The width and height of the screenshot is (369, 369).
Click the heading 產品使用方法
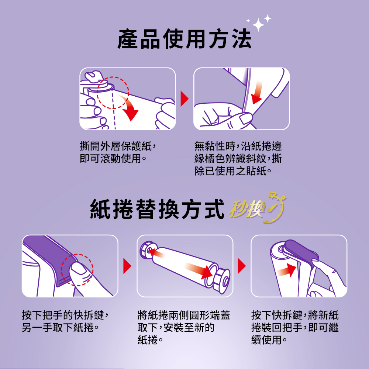[x=184, y=39]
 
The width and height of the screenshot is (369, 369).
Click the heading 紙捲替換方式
[x=157, y=209]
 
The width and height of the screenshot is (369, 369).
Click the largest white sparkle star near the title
[x=258, y=25]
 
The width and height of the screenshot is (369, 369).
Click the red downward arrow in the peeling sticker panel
[x=257, y=93]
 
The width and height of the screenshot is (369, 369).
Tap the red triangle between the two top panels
[x=184, y=99]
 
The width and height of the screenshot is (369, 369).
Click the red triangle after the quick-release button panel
[x=127, y=266]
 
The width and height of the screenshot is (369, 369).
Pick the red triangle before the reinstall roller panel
[x=242, y=266]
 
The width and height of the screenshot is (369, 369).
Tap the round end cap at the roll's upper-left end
[x=146, y=250]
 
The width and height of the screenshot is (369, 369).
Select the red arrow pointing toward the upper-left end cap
[x=157, y=253]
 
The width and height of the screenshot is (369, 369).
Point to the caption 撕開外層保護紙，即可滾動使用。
[x=118, y=152]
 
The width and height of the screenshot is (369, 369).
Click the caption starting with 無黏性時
[x=238, y=158]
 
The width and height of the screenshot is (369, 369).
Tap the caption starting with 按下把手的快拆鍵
[x=65, y=321]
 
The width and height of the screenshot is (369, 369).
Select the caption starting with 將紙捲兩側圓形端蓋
[x=184, y=327]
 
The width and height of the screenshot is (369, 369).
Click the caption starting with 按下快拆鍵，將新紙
[x=295, y=327]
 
